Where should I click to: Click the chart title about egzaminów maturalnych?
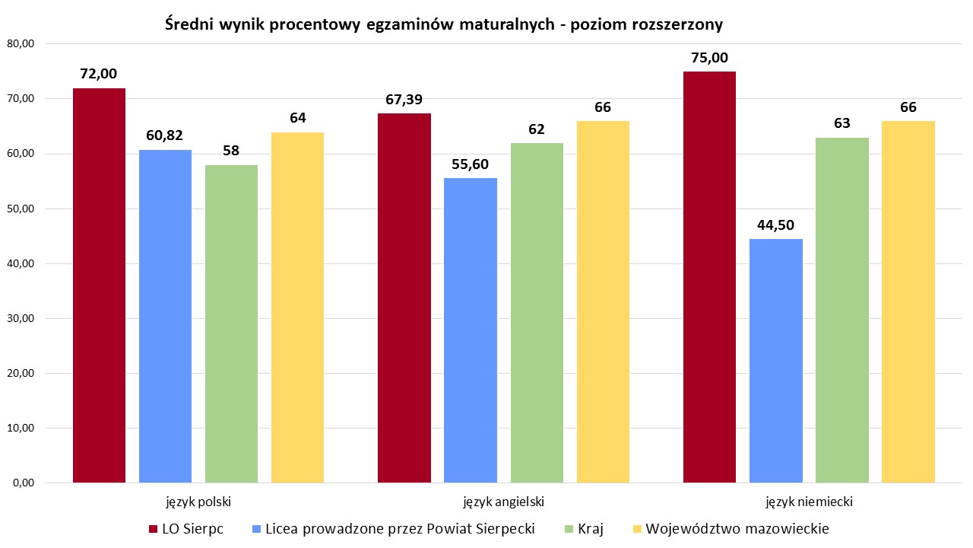point(443,24)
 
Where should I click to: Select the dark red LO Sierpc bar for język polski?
point(99,285)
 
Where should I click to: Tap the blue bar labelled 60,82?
point(165,316)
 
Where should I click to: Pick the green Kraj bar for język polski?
point(231,323)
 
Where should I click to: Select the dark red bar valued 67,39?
point(404,298)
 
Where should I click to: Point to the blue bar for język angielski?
point(471,330)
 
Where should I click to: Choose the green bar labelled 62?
point(537,313)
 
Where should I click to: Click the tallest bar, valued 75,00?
point(709,277)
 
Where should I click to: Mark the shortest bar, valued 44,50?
point(775,361)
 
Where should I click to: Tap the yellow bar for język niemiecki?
point(908,301)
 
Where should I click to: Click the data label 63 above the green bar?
point(841,123)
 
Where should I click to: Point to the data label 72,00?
point(99,74)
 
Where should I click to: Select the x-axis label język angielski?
point(503,502)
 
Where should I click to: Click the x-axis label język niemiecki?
point(809,502)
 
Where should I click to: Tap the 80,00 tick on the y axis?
point(21,43)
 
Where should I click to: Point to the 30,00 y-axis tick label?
point(21,318)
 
